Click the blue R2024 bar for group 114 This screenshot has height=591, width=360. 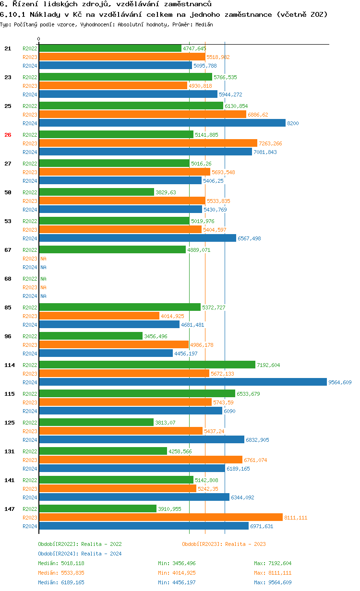pyautogui.click(x=182, y=382)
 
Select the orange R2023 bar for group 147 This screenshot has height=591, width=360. pyautogui.click(x=160, y=518)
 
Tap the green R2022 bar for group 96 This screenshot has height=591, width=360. pyautogui.click(x=91, y=336)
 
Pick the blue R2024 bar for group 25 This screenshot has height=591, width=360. pyautogui.click(x=162, y=123)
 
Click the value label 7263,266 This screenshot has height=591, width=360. pyautogui.click(x=270, y=143)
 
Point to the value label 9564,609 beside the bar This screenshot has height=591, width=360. pyautogui.click(x=340, y=382)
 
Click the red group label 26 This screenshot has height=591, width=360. pyautogui.click(x=8, y=135)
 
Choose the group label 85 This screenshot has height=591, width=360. pyautogui.click(x=8, y=307)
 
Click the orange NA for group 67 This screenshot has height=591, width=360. pyautogui.click(x=43, y=259)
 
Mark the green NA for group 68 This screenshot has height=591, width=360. pyautogui.click(x=43, y=279)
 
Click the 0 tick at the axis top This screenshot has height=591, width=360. pyautogui.click(x=39, y=39)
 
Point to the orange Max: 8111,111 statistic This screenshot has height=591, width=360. pyautogui.click(x=273, y=573)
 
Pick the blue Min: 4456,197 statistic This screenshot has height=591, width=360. pyautogui.click(x=177, y=582)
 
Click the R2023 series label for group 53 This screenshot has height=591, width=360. pyautogui.click(x=30, y=230)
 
